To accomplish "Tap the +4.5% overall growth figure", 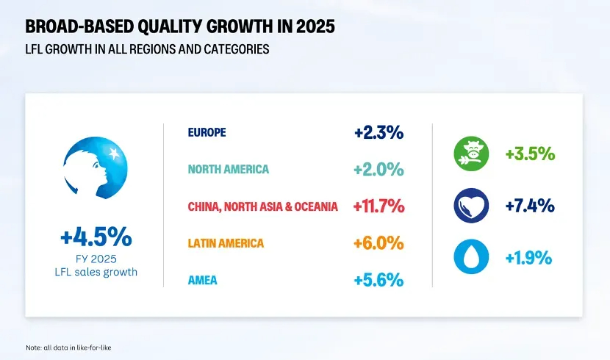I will pos(96,237).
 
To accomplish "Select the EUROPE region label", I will pos(207,133).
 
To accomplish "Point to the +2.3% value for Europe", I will pos(378,133).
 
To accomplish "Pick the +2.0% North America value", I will pos(378,170).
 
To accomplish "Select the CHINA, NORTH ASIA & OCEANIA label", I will pos(262,206).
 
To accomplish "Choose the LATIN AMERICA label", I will pos(226,242).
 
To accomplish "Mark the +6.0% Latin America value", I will pos(378,242).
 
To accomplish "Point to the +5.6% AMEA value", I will pos(378,279).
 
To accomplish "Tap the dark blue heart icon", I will pos(471,206).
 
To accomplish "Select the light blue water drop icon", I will pos(471,257).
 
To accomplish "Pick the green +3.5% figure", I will pos(529,155).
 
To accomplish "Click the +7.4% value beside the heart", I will pos(529,206).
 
